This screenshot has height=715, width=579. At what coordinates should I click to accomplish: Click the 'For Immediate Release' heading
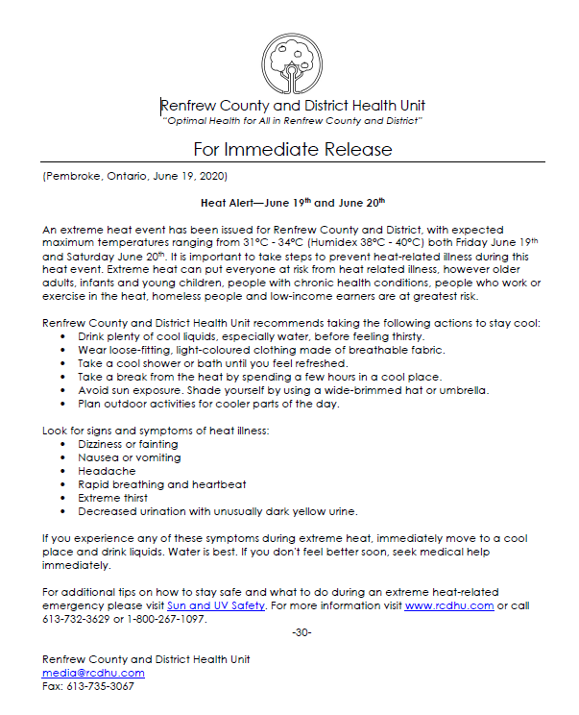tap(292, 149)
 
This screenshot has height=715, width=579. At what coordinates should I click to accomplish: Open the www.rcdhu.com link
tap(448, 605)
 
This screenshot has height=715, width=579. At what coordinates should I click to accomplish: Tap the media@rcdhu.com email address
tap(93, 673)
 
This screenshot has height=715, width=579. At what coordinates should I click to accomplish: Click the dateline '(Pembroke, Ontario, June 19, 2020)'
tap(134, 177)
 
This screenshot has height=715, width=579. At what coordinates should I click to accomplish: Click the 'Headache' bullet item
tap(107, 471)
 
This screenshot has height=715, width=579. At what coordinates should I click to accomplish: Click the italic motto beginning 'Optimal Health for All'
tap(292, 120)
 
